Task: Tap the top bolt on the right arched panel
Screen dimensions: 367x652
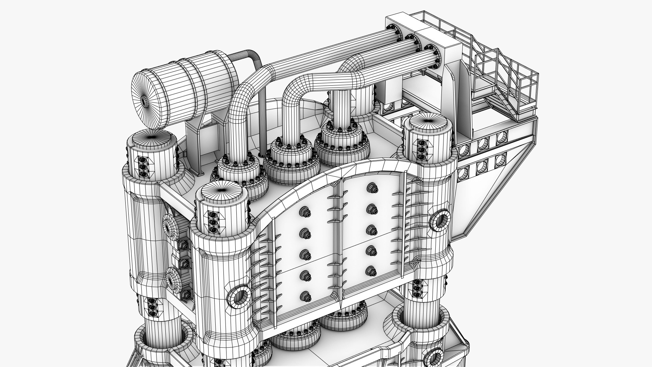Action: coord(371,188)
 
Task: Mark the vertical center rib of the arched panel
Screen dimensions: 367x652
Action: coord(340,238)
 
